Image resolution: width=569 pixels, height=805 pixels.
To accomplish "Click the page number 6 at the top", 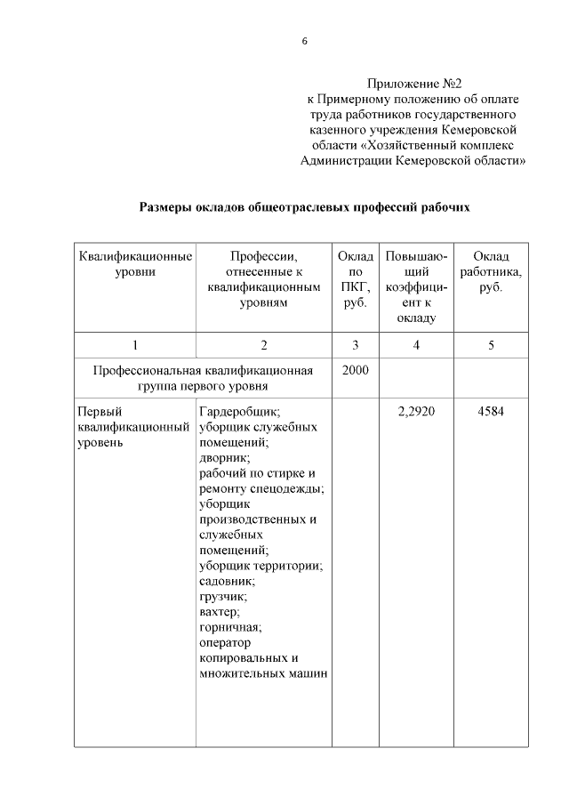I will pos(304,42).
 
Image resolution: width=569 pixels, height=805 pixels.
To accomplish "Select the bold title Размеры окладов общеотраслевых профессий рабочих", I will pos(305,207).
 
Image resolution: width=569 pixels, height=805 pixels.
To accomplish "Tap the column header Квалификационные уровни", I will pos(134,264).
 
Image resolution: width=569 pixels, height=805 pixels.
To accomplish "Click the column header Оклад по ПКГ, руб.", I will pos(354,279).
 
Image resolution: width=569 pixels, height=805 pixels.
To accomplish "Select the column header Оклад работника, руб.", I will pos(491,272).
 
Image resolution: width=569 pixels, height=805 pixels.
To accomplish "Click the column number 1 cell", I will pos(134,345).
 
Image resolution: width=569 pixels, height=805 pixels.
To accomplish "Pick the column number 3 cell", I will pos(354,345).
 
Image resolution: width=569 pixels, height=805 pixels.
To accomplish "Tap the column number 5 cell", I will pos(491,345).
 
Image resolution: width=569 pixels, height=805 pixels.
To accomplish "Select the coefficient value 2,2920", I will pos(416,412).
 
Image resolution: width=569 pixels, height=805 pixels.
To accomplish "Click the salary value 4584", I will pos(491,412).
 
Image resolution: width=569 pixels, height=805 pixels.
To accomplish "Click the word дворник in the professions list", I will pos(224,458).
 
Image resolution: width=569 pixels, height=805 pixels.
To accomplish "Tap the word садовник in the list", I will pos(228,581).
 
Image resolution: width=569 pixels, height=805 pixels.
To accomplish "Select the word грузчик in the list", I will pos(223,597).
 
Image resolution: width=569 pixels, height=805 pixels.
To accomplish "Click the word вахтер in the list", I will pos(220,612).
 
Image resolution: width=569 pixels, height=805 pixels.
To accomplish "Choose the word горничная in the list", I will pos(230,627).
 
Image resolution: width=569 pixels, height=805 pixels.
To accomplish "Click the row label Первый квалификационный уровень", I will pos(132,427).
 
